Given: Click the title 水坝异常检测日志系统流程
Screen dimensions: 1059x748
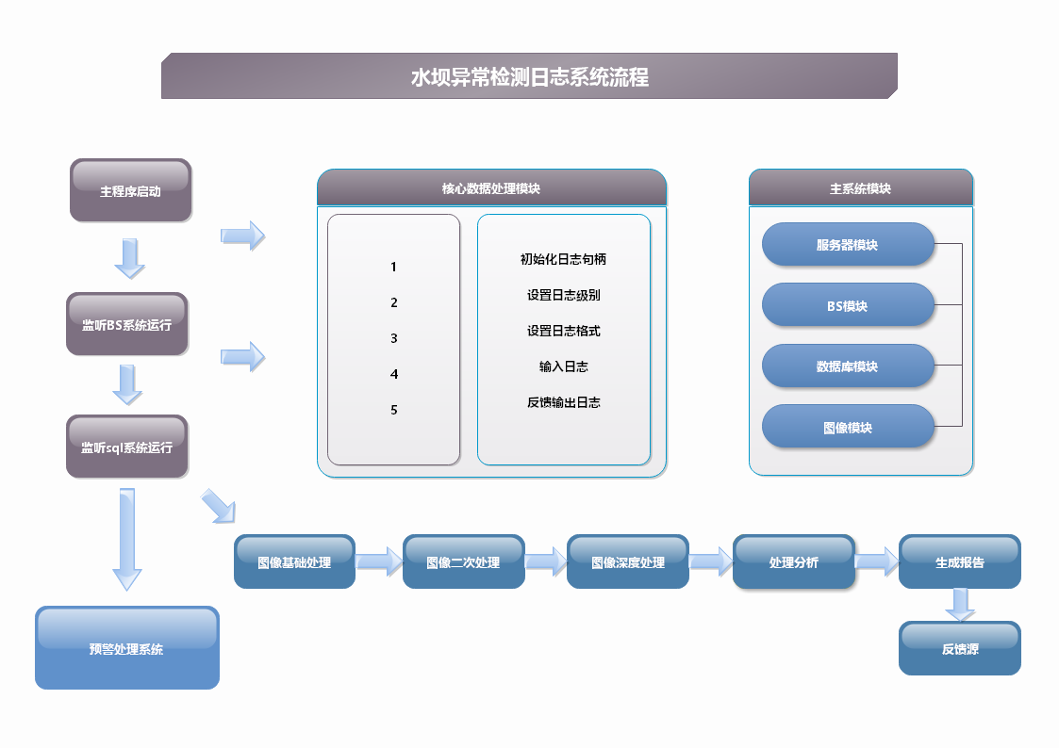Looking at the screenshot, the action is [x=530, y=77].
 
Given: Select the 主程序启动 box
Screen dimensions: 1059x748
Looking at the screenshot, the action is [x=130, y=190].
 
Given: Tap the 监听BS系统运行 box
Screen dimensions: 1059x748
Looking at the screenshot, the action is [x=127, y=324].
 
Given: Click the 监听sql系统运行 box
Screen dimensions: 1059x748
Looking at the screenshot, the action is [x=127, y=447].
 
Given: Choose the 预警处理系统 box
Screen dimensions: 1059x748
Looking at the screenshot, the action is [x=127, y=647].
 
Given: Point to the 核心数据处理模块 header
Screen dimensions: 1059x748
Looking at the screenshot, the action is [x=491, y=187].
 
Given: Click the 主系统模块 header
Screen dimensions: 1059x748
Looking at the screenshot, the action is [x=860, y=187].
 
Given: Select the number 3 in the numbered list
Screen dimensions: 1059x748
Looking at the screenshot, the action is [x=394, y=338].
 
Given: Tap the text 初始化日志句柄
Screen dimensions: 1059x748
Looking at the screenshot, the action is [x=563, y=259].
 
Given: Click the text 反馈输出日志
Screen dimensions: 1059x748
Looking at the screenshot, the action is [x=563, y=402].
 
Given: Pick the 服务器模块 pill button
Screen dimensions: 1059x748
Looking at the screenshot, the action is [x=848, y=244].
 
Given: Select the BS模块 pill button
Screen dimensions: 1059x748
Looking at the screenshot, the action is [x=848, y=305].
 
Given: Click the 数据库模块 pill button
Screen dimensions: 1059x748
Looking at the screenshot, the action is [x=848, y=366].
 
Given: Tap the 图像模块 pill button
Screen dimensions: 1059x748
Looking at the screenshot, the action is [x=848, y=426].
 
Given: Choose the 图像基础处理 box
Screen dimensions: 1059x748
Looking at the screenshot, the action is [x=294, y=561].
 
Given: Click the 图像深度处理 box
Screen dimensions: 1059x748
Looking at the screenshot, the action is [x=628, y=561].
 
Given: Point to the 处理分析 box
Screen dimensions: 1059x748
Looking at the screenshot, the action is [x=794, y=561].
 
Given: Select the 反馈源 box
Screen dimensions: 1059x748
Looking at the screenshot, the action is [x=960, y=647].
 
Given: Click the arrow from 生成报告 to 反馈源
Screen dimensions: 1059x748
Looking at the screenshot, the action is [x=960, y=605].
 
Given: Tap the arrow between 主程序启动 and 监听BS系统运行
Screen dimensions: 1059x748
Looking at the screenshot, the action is [x=130, y=258].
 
